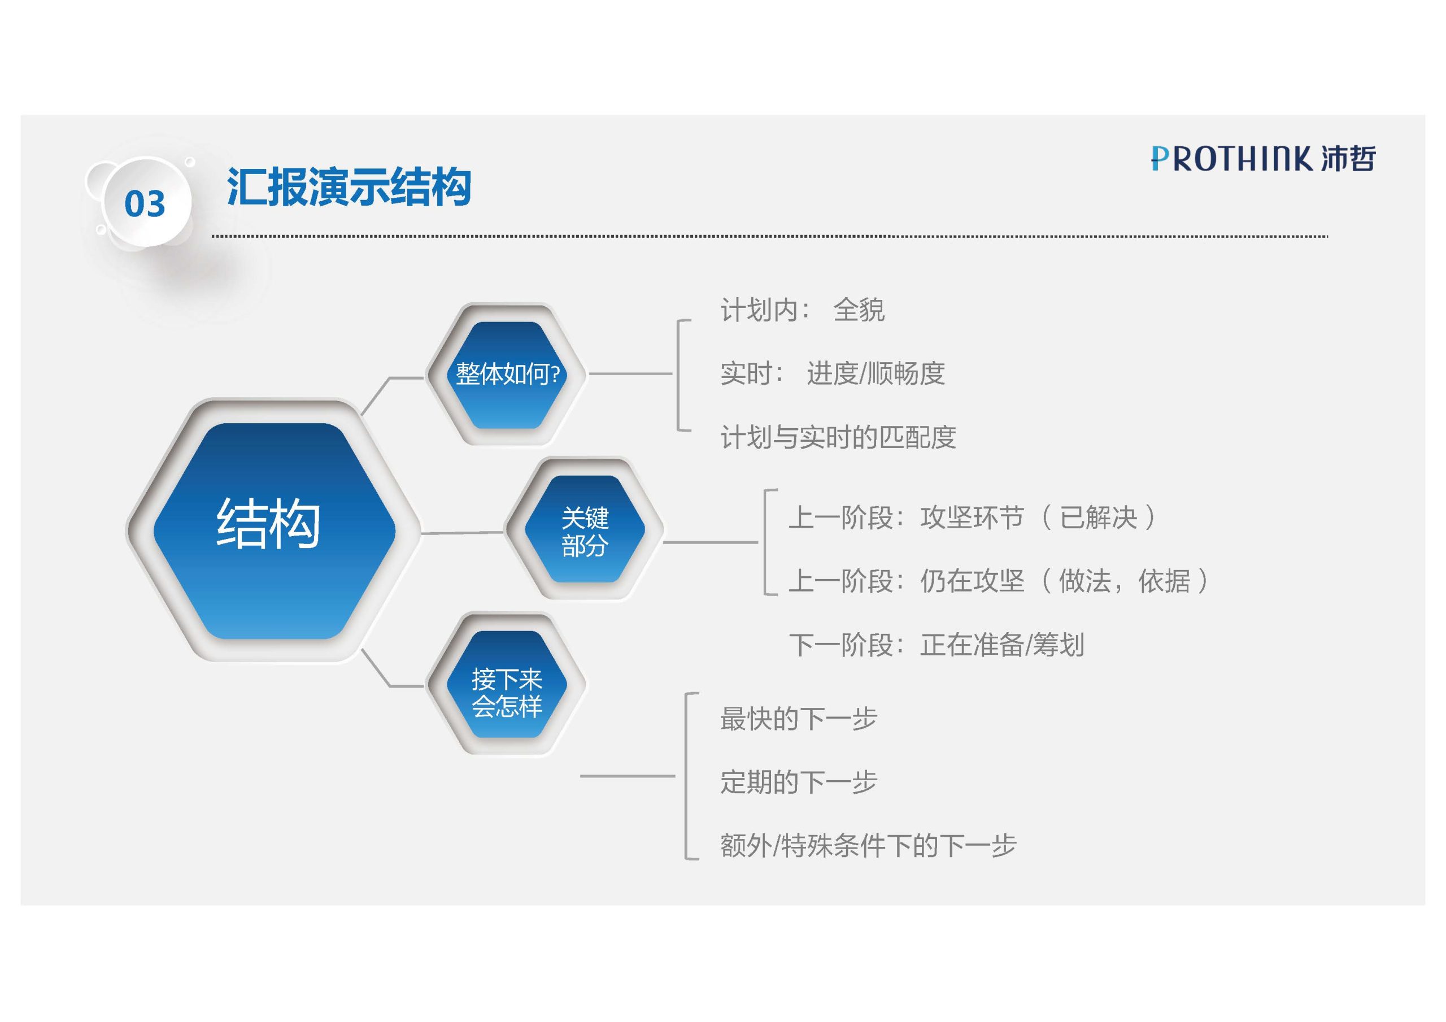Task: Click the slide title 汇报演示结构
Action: point(349,186)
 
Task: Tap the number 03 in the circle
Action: point(145,203)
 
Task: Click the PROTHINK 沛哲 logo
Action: point(1263,158)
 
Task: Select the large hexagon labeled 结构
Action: point(274,530)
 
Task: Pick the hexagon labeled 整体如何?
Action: point(507,374)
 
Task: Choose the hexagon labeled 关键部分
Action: point(585,529)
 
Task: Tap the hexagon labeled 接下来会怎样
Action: point(507,684)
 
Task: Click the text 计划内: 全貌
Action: point(802,310)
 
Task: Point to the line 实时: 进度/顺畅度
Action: point(832,373)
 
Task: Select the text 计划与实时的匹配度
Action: point(838,437)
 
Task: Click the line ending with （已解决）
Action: point(974,517)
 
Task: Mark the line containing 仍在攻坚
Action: point(999,581)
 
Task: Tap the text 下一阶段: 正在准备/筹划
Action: point(937,645)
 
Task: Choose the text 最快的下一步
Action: point(799,718)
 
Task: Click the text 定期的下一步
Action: point(799,782)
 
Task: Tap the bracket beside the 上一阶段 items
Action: point(766,542)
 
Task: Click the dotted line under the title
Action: point(770,236)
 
